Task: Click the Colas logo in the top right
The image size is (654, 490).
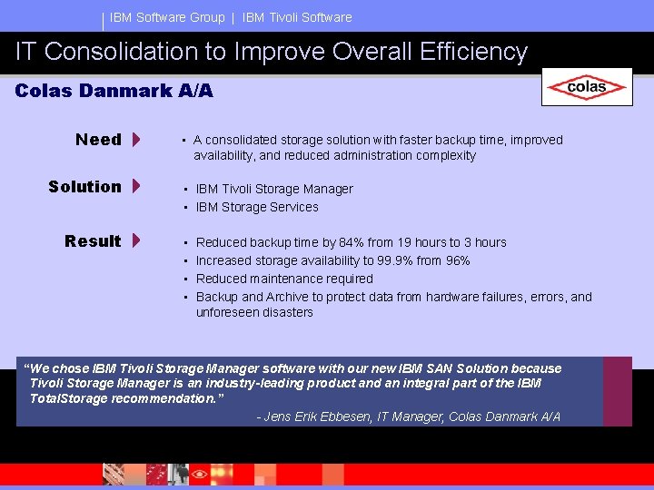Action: click(586, 88)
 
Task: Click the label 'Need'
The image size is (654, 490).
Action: click(98, 140)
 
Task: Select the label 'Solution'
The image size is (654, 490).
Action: click(84, 187)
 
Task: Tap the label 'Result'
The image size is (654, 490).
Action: click(93, 241)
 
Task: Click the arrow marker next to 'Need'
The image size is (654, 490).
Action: click(135, 140)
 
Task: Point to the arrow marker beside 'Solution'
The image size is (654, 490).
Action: click(135, 187)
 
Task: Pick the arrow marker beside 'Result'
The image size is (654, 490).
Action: click(135, 241)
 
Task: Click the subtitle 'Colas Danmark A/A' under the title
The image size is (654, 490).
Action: click(114, 91)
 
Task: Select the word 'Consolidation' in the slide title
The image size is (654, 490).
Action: click(135, 53)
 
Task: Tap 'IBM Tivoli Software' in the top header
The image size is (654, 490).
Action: click(297, 17)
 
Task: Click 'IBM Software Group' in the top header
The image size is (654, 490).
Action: click(167, 17)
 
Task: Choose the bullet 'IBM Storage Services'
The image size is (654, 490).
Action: click(257, 207)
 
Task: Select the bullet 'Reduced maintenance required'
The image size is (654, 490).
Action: click(284, 279)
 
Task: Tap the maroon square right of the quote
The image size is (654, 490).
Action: click(618, 391)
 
